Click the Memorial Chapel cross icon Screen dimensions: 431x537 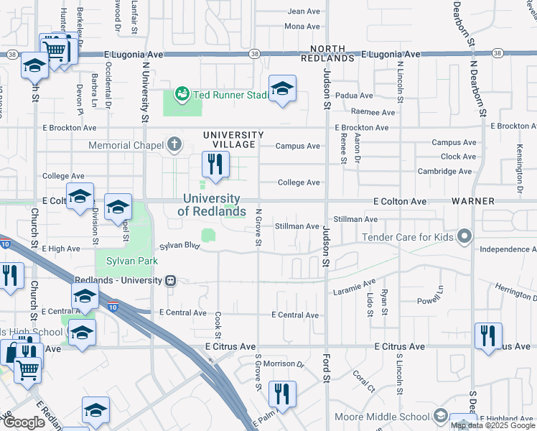[174, 145]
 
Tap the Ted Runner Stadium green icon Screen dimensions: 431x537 [182, 93]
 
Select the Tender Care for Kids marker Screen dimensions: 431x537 [465, 236]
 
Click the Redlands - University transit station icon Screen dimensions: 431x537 [170, 281]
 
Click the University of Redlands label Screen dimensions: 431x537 [211, 205]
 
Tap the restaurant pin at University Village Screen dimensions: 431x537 [215, 166]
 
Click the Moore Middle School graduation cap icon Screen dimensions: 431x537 [440, 417]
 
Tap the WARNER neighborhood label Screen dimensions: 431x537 [470, 202]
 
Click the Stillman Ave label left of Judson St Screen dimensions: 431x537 [297, 226]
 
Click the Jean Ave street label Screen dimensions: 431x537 [303, 11]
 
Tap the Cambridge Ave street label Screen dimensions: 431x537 [444, 172]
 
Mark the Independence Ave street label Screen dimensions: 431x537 [506, 249]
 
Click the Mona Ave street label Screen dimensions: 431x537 [302, 26]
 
